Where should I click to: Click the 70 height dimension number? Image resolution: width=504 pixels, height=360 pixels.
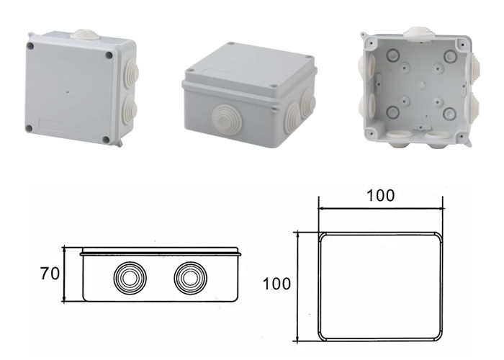[49, 274]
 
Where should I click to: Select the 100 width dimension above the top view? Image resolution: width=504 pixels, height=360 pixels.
[379, 196]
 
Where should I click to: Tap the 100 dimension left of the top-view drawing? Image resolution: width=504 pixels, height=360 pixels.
[277, 284]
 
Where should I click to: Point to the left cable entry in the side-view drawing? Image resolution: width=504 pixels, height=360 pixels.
[127, 276]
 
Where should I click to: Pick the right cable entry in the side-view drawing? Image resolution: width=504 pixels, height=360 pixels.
[189, 276]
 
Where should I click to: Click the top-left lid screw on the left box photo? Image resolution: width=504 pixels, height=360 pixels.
[32, 46]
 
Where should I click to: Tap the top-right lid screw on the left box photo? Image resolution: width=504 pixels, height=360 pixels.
[109, 55]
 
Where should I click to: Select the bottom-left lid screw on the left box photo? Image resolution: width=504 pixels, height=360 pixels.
[29, 128]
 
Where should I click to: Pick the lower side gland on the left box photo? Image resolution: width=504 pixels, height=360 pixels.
[130, 109]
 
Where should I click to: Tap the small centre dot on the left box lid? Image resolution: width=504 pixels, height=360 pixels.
[68, 93]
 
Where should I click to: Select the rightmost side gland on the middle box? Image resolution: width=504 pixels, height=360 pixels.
[309, 102]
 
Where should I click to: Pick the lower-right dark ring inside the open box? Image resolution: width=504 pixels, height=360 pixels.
[449, 113]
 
